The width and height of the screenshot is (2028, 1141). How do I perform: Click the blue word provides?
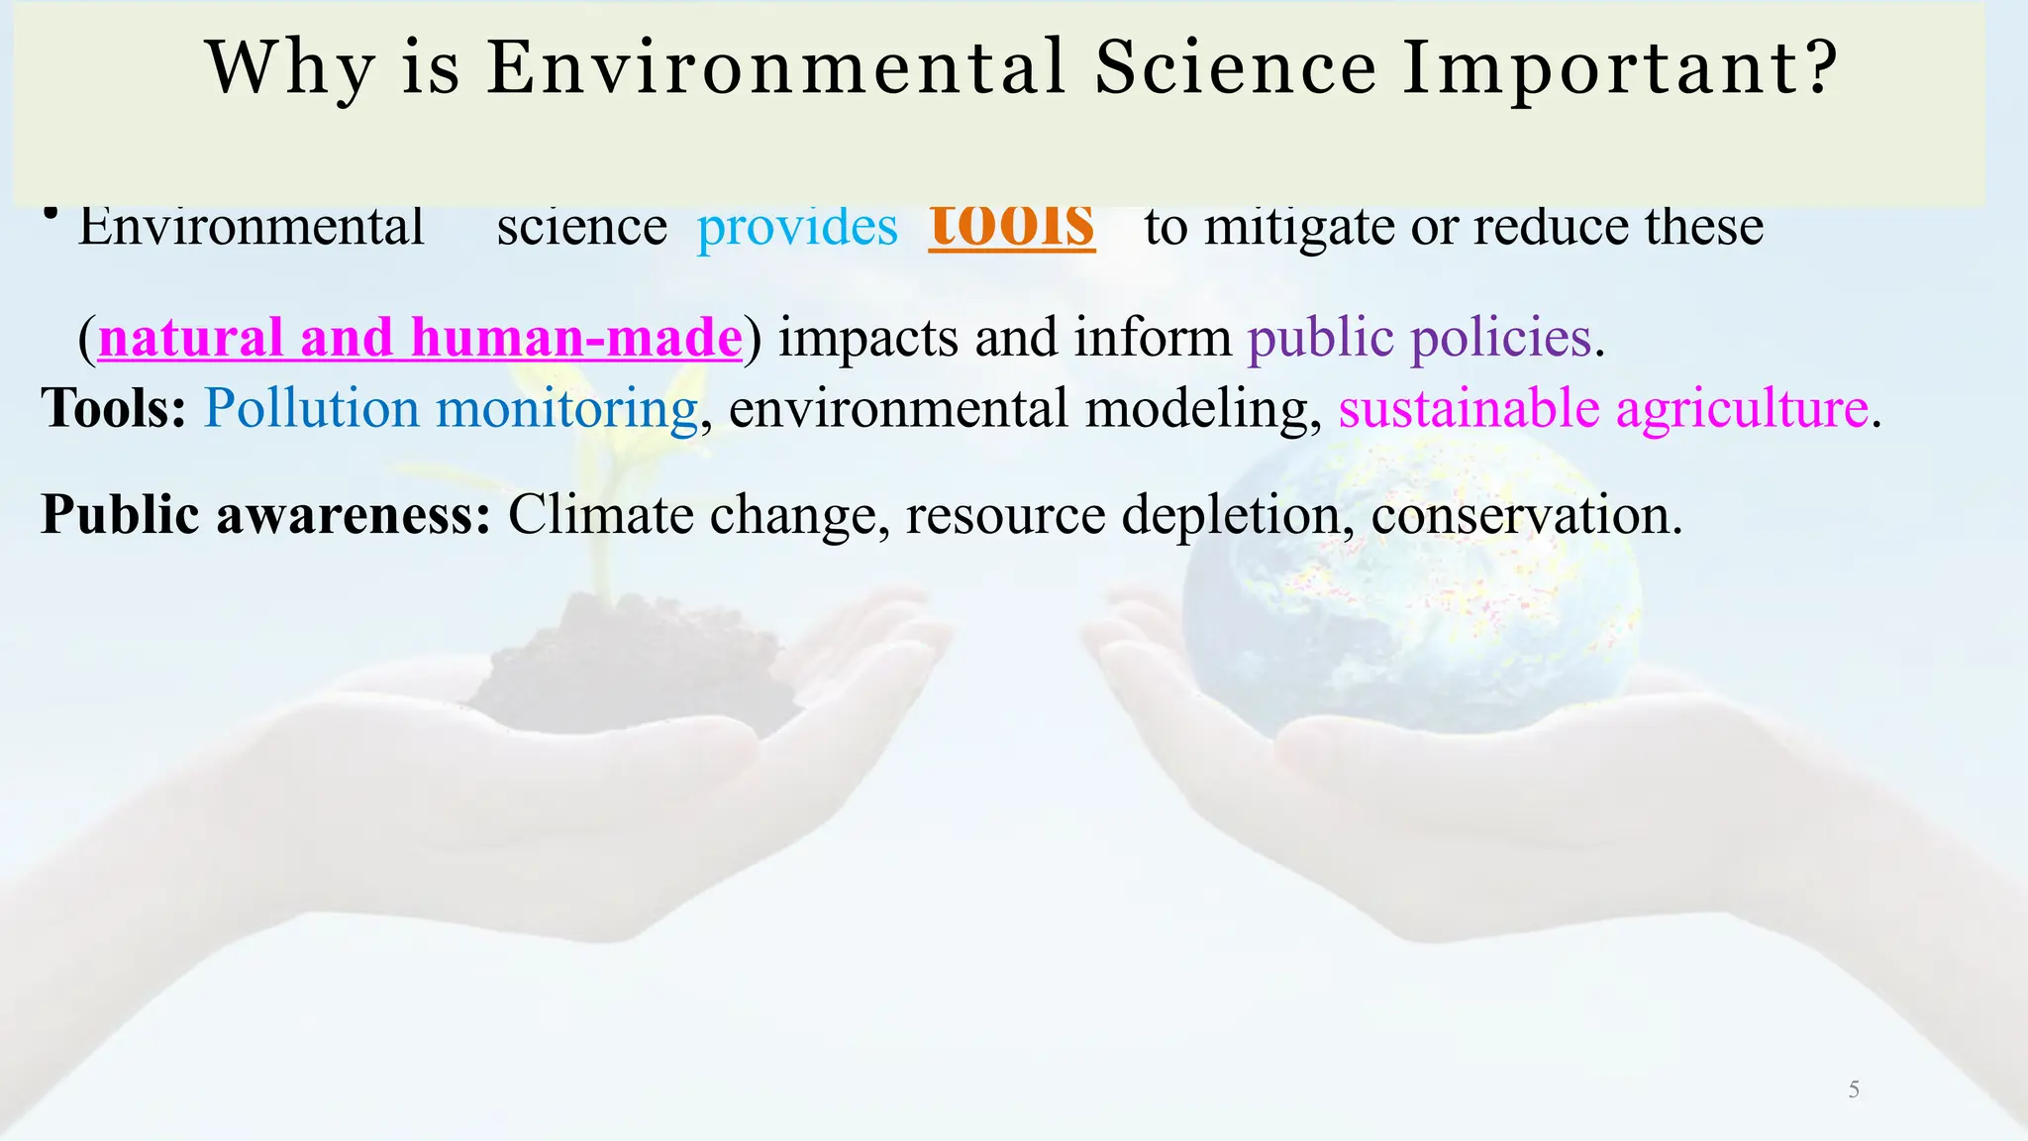(x=797, y=228)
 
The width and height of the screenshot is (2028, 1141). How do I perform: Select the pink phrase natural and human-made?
(x=420, y=338)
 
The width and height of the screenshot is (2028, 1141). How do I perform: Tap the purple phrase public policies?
(x=1419, y=338)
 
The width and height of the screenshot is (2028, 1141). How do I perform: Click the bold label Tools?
(x=114, y=408)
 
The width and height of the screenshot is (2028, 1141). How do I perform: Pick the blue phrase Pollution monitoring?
(x=451, y=408)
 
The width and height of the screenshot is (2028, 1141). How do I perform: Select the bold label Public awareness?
(x=265, y=515)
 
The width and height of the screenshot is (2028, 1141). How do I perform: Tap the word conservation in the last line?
(x=1526, y=515)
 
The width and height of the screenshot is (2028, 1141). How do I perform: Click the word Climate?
(x=601, y=515)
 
